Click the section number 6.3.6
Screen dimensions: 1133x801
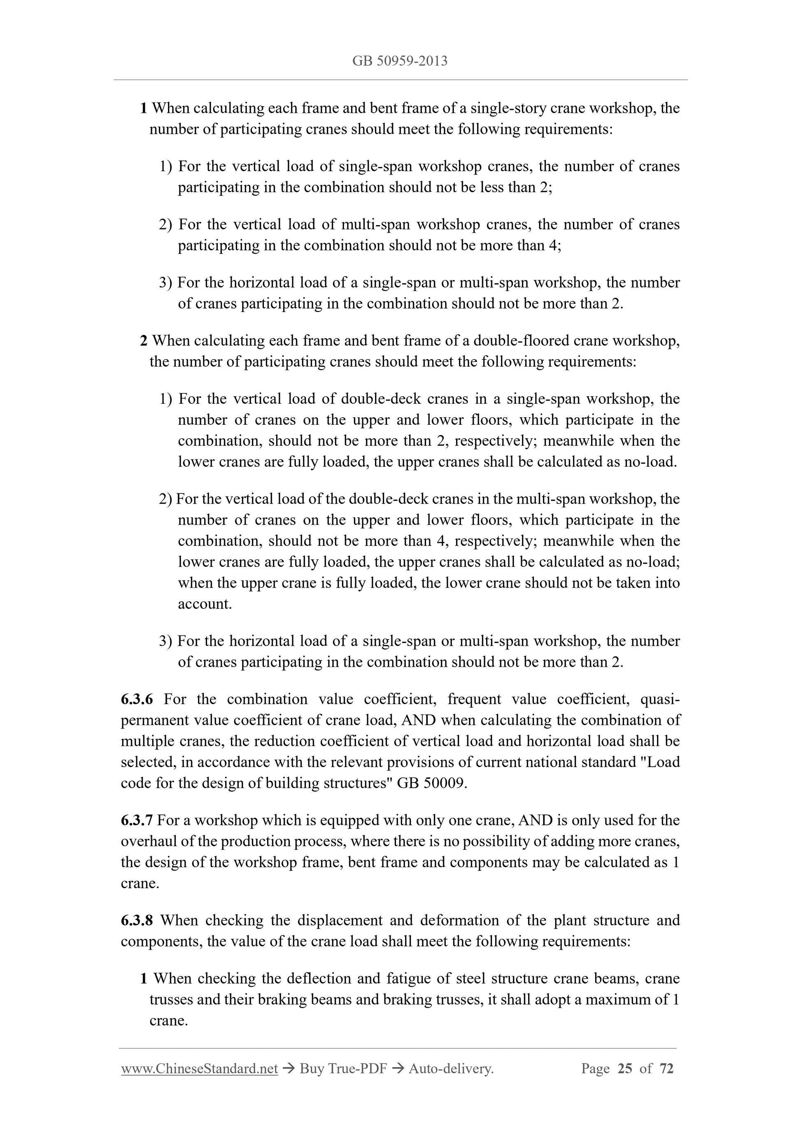click(137, 699)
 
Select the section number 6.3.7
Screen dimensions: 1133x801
click(136, 820)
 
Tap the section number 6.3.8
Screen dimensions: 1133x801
click(137, 920)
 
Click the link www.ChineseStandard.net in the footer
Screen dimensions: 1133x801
click(199, 1068)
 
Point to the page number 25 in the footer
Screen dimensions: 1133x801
click(624, 1068)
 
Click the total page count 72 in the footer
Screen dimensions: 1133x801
click(666, 1068)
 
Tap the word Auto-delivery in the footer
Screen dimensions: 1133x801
click(451, 1068)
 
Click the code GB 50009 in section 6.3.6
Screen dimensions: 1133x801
click(431, 783)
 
